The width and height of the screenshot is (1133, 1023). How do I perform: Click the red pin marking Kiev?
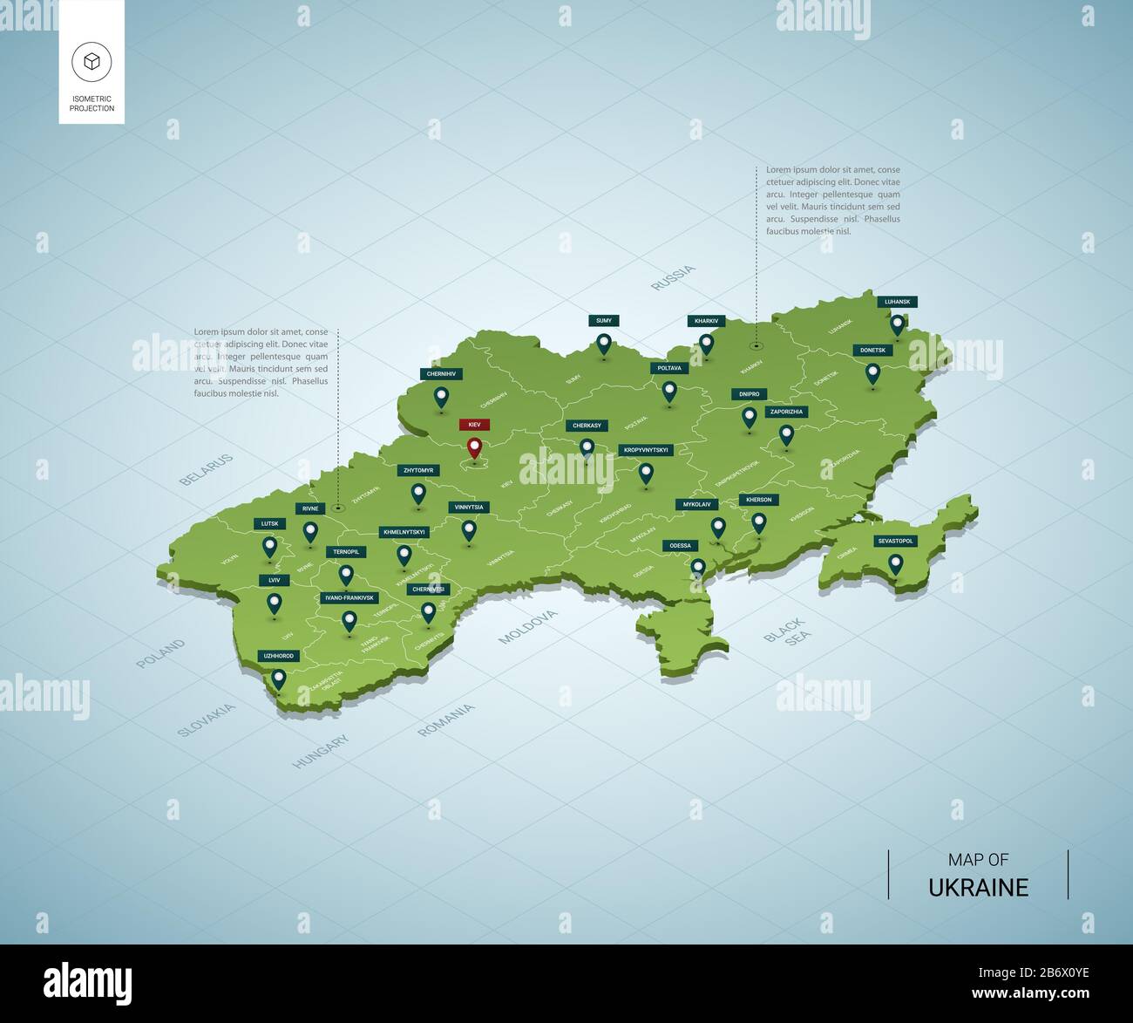click(474, 448)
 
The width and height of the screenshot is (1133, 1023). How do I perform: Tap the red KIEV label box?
click(474, 425)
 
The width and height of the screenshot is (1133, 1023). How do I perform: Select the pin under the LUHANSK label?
click(897, 324)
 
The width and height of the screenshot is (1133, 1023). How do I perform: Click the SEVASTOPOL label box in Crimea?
click(895, 541)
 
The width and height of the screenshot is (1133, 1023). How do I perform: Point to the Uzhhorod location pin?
click(279, 678)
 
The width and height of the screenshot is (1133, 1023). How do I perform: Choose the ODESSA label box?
click(680, 546)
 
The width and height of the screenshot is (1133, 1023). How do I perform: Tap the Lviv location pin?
click(275, 603)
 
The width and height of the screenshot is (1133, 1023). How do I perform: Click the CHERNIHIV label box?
click(440, 373)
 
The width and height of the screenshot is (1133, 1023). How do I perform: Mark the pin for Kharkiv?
click(706, 344)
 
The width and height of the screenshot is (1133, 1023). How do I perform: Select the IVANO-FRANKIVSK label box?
click(349, 597)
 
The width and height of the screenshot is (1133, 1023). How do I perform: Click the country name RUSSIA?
click(674, 277)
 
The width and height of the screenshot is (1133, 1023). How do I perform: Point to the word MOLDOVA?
click(527, 627)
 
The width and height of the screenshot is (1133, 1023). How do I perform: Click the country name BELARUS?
click(206, 469)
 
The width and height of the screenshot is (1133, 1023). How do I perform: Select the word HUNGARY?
click(321, 751)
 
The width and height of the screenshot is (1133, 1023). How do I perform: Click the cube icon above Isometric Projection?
click(92, 61)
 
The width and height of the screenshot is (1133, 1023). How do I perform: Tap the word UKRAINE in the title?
click(978, 888)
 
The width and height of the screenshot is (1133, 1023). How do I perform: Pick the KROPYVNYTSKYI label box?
click(646, 450)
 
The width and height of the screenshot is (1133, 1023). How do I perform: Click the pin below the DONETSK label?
click(872, 373)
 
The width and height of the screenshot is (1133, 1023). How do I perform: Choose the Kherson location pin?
click(759, 522)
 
